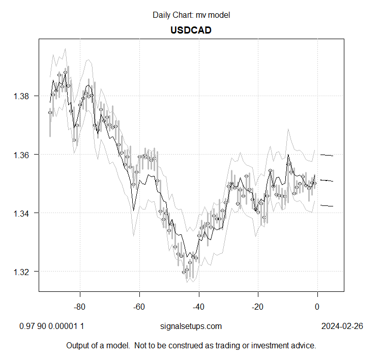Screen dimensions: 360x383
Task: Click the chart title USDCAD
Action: tap(191, 30)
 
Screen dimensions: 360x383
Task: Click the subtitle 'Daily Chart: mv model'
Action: tap(191, 15)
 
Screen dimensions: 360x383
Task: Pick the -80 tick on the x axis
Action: tap(80, 307)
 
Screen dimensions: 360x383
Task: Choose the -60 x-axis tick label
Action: tap(139, 307)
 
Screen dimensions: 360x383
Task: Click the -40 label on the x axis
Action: tap(199, 307)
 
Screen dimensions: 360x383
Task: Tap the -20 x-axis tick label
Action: tap(258, 307)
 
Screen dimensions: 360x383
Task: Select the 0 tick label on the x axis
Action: tap(317, 307)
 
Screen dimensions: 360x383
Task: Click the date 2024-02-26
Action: tap(342, 326)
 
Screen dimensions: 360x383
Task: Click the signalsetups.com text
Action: tap(191, 326)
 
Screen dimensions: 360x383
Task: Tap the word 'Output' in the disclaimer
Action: tap(79, 346)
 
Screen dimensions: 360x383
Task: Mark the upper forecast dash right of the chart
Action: tap(327, 155)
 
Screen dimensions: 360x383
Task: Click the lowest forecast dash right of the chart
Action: tap(327, 205)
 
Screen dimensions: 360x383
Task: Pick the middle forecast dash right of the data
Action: tap(327, 180)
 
